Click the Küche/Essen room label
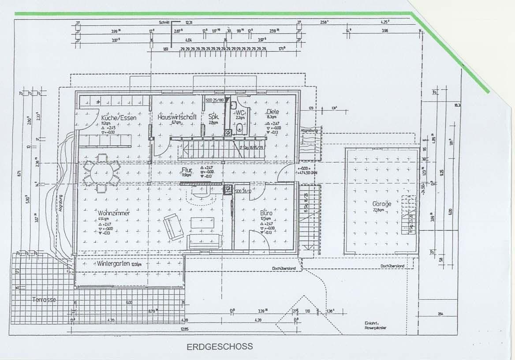119,118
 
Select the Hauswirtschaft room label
177,117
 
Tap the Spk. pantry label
213,117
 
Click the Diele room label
273,112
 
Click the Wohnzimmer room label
114,213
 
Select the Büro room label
266,213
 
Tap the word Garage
381,204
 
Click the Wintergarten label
113,263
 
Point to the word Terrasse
44,300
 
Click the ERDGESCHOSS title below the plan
220,346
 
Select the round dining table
101,172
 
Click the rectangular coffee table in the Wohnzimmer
202,223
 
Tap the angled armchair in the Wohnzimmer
173,226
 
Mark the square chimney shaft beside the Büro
228,190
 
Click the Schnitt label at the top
165,22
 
